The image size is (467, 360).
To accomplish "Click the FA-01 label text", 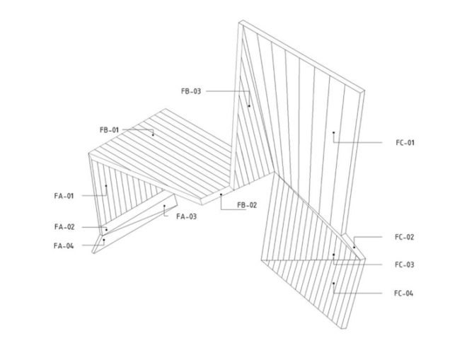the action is click(x=64, y=196).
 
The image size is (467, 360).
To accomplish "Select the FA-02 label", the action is click(x=64, y=227).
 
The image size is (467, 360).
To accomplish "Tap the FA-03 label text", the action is click(x=186, y=216).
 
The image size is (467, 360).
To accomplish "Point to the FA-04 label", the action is click(x=64, y=246).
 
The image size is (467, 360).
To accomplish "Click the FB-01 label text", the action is click(x=109, y=130).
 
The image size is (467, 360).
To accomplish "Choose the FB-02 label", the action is click(x=247, y=205).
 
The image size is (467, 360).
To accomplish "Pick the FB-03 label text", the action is click(x=191, y=91).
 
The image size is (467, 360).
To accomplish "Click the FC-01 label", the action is click(x=405, y=143).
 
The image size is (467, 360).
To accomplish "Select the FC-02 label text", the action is click(x=405, y=238).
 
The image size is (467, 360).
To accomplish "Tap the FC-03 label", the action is click(x=405, y=265).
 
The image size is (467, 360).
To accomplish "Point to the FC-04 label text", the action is click(x=403, y=294).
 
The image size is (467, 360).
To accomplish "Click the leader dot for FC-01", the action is click(x=333, y=132).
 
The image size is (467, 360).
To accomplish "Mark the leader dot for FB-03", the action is click(x=249, y=106).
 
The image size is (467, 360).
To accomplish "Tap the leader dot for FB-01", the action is click(x=153, y=135).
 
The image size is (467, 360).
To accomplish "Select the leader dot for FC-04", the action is click(x=333, y=283).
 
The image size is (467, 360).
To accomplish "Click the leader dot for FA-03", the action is click(x=164, y=206).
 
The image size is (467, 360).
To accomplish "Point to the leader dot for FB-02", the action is click(x=221, y=194).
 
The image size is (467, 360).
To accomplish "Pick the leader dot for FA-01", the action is click(x=106, y=185).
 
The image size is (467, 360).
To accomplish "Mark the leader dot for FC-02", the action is click(x=354, y=247).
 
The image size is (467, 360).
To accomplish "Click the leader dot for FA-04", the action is click(x=104, y=240).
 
